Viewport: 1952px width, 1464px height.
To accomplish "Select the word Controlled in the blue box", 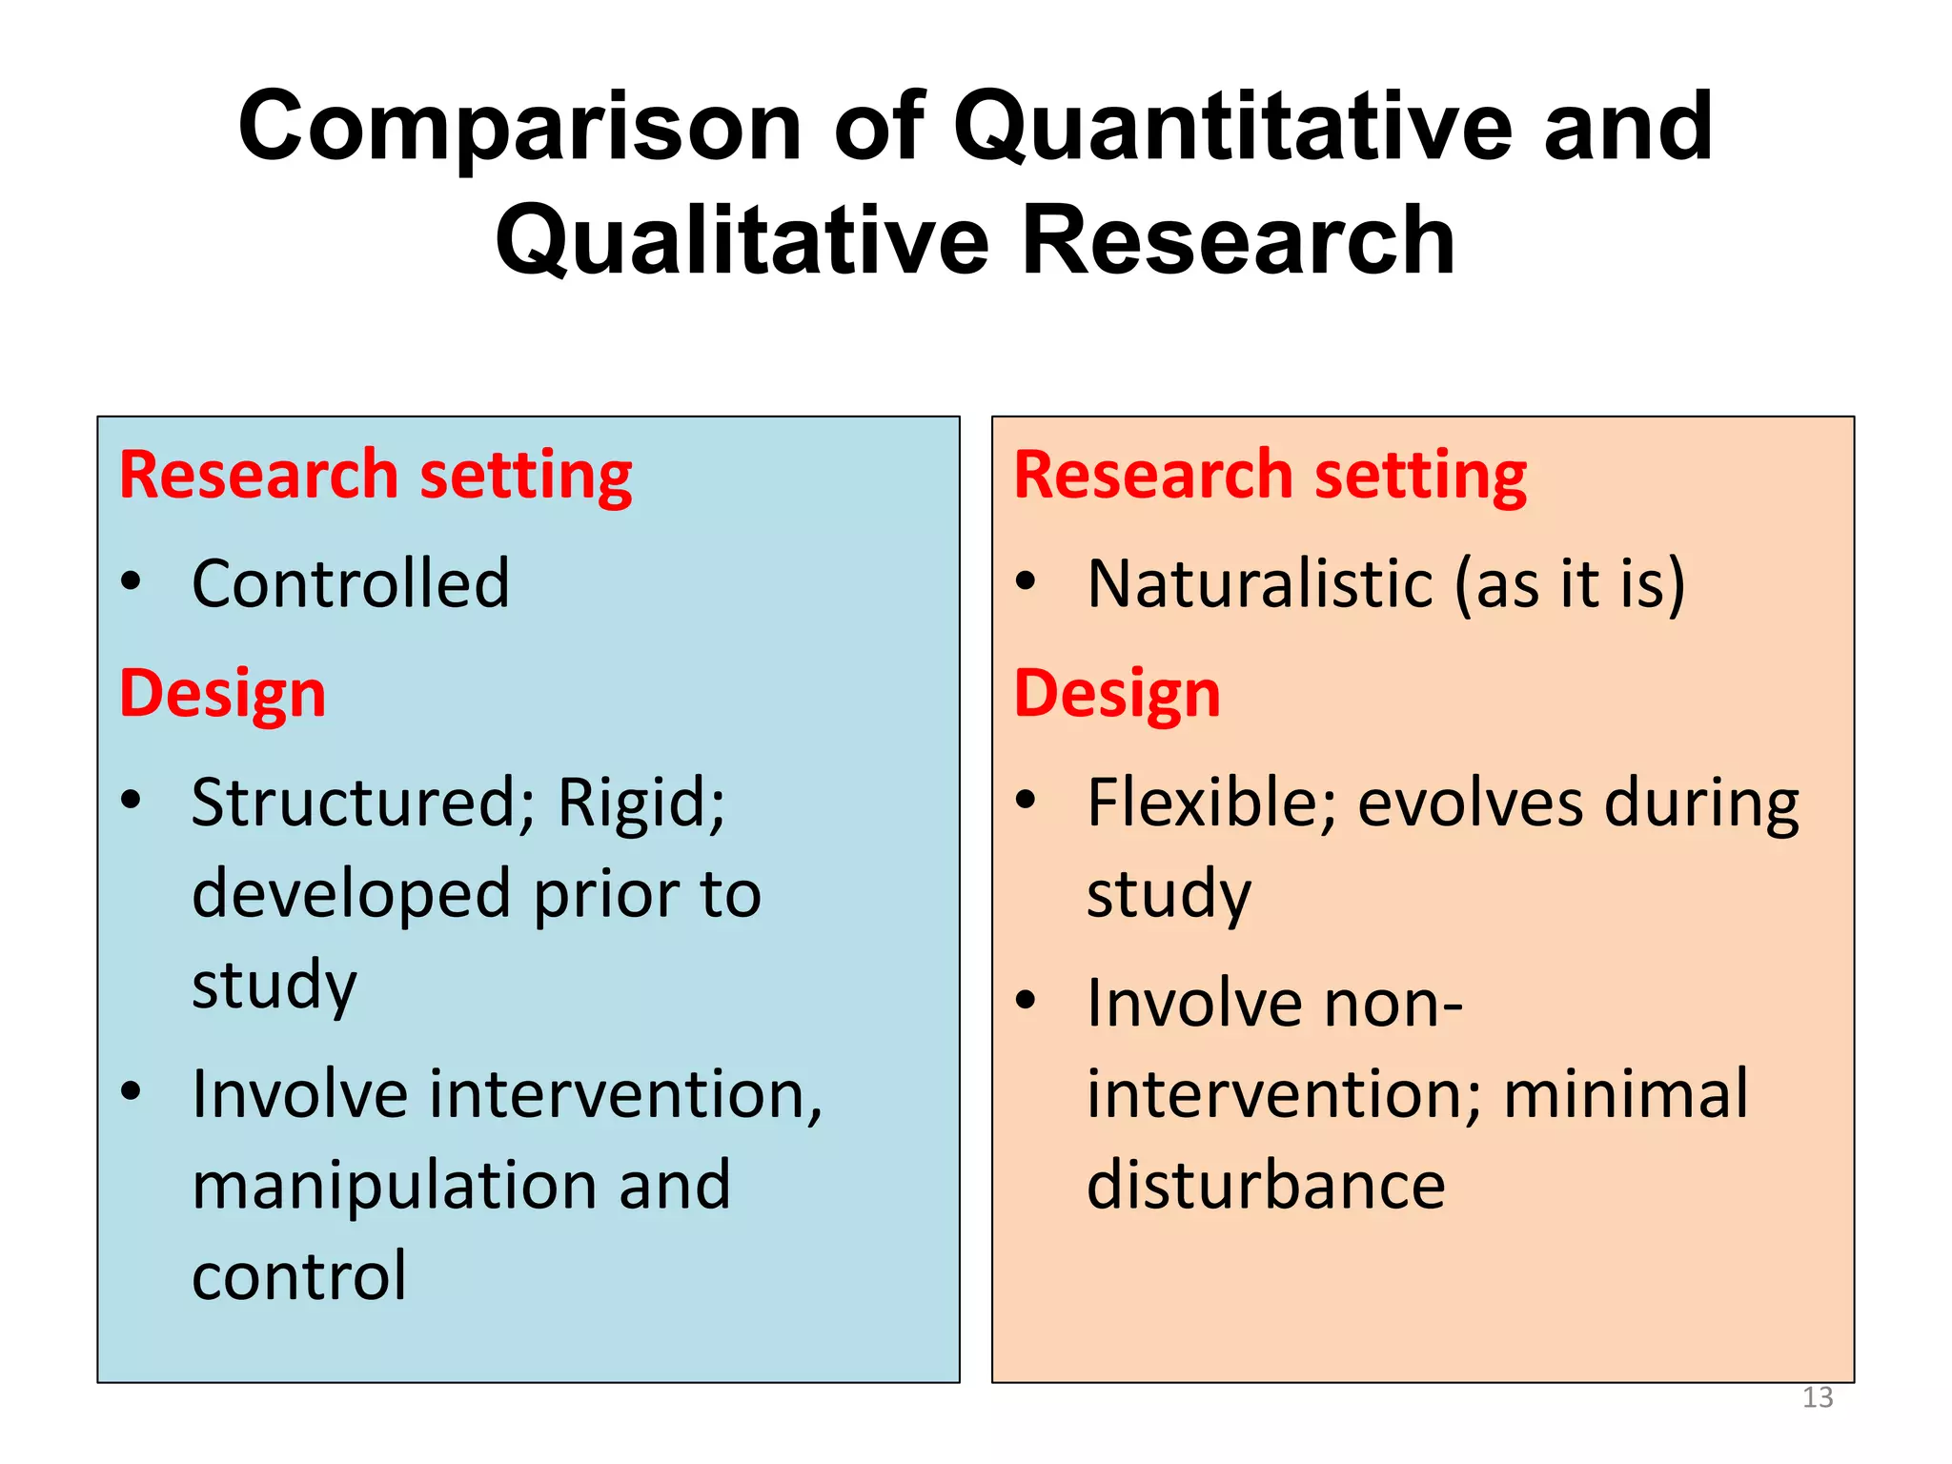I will tap(351, 583).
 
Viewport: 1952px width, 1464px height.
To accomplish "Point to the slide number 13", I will tap(1818, 1397).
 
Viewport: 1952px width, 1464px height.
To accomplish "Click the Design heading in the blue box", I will tap(223, 693).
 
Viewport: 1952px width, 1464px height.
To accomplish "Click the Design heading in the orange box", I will tap(1117, 693).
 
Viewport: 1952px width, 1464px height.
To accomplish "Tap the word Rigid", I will tap(640, 803).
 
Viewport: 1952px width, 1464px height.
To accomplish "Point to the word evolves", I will tap(1468, 803).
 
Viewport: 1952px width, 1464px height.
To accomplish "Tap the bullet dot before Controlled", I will tap(132, 580).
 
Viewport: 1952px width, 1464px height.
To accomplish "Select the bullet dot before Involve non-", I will tap(1026, 1000).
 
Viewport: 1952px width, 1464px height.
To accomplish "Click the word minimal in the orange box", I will tap(1626, 1093).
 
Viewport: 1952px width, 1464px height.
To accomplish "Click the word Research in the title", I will tap(1237, 241).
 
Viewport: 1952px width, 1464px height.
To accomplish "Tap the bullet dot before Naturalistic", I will tap(1026, 580).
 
